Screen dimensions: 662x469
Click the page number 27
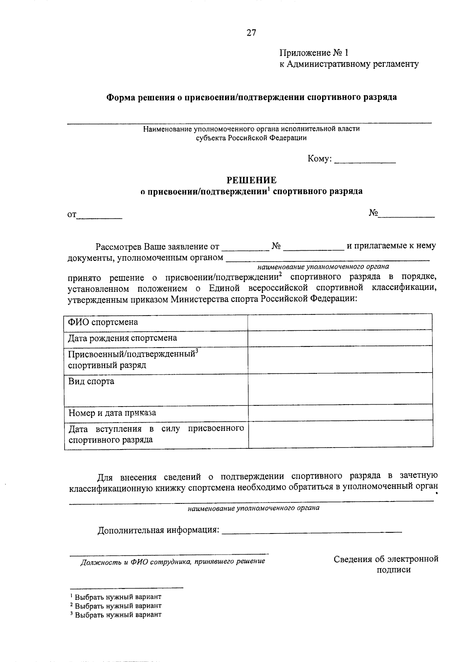(251, 33)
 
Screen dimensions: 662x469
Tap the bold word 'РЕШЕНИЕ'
(252, 180)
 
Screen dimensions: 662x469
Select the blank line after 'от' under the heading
(99, 216)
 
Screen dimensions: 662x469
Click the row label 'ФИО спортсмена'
(103, 322)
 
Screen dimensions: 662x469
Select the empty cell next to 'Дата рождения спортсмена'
(340, 338)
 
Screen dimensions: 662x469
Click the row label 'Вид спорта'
(91, 381)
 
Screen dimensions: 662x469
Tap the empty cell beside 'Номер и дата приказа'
(340, 412)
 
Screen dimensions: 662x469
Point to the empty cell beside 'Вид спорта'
(340, 388)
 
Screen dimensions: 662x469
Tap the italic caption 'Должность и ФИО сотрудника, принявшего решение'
(172, 561)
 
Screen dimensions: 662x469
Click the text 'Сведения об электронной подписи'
(386, 564)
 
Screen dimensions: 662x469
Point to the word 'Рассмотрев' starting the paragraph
(119, 246)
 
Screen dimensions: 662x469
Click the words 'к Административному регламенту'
(349, 64)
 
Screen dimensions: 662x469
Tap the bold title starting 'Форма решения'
(252, 97)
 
